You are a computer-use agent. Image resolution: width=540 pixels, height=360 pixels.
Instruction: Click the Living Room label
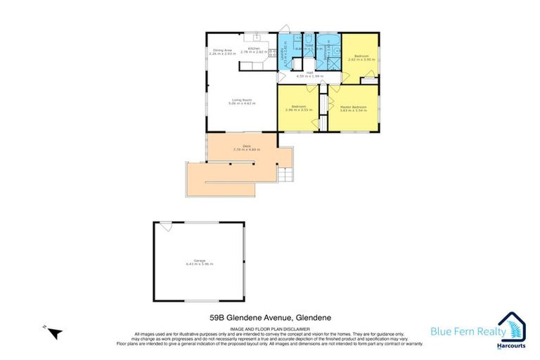pyautogui.click(x=241, y=100)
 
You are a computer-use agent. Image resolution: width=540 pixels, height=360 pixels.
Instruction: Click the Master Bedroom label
pyautogui.click(x=353, y=107)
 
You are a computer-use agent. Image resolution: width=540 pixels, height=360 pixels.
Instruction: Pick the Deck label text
pyautogui.click(x=241, y=146)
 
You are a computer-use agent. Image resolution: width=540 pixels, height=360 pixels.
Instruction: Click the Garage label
pyautogui.click(x=199, y=261)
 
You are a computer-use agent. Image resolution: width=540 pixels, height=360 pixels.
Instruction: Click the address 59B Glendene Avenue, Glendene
pyautogui.click(x=269, y=319)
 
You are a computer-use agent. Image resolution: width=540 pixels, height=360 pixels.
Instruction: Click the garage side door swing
pyautogui.click(x=165, y=227)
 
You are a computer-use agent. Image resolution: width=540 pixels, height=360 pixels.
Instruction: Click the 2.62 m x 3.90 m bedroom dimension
pyautogui.click(x=362, y=60)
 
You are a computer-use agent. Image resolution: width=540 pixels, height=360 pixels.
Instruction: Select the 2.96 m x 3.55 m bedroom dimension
pyautogui.click(x=298, y=110)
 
